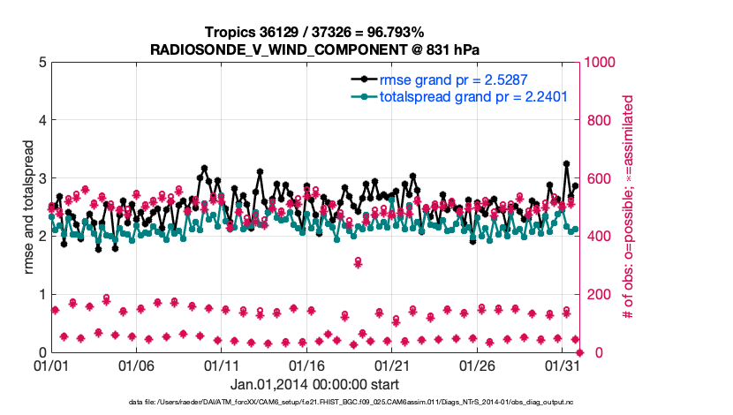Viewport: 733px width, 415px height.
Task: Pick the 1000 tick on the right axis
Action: coord(599,63)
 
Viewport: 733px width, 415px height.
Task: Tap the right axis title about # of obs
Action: coord(629,207)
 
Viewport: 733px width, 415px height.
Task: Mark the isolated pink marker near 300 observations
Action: coord(358,262)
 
